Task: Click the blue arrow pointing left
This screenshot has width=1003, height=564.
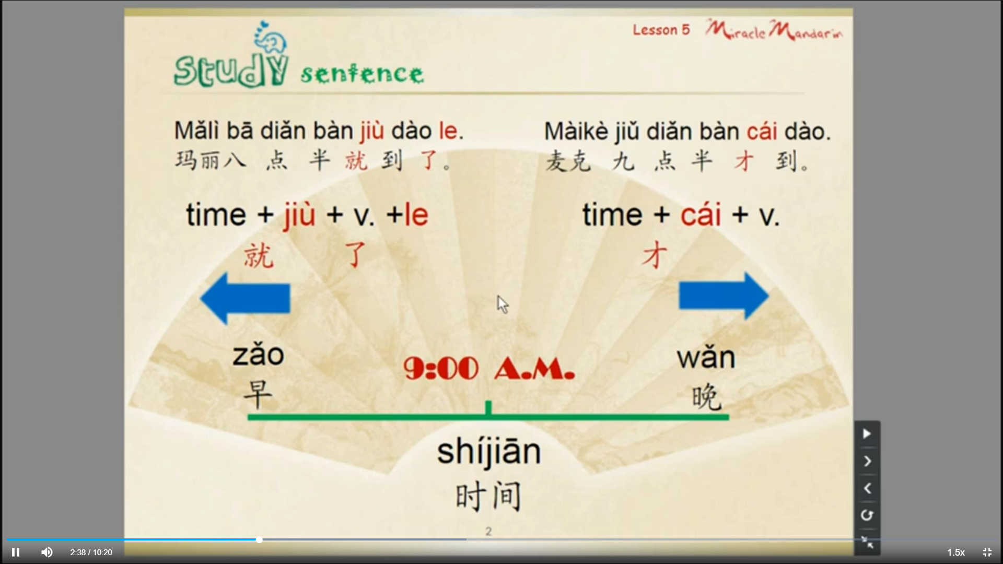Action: pyautogui.click(x=245, y=298)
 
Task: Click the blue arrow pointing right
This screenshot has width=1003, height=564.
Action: pyautogui.click(x=724, y=296)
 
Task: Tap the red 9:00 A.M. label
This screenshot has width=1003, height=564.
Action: pyautogui.click(x=489, y=369)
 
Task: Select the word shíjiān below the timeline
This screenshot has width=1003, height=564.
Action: pyautogui.click(x=489, y=452)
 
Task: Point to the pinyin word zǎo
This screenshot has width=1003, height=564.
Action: pyautogui.click(x=258, y=355)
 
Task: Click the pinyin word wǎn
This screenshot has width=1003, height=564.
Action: pyautogui.click(x=706, y=358)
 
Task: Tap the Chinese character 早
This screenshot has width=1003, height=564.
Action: pyautogui.click(x=258, y=394)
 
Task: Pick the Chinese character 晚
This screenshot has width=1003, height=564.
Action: pyautogui.click(x=706, y=397)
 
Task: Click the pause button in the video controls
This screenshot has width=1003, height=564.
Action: pyautogui.click(x=16, y=552)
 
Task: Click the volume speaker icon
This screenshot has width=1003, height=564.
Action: pyautogui.click(x=46, y=552)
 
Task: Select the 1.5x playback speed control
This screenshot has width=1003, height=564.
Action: pyautogui.click(x=956, y=552)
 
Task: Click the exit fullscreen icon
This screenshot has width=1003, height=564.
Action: pyautogui.click(x=987, y=552)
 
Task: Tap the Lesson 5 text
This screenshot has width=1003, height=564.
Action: pyautogui.click(x=661, y=30)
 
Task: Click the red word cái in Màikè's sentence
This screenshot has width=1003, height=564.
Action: pyautogui.click(x=762, y=131)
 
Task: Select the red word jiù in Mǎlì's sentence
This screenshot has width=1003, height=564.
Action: pyautogui.click(x=372, y=131)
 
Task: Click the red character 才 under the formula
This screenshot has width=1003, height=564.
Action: pyautogui.click(x=655, y=255)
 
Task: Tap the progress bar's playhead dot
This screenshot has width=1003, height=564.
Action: pyautogui.click(x=259, y=539)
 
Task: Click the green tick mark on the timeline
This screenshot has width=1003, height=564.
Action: pyautogui.click(x=488, y=408)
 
